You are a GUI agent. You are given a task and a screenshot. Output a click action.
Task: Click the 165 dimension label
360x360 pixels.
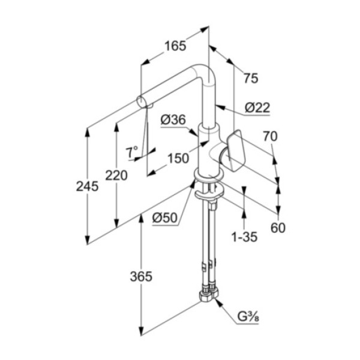click(175, 46)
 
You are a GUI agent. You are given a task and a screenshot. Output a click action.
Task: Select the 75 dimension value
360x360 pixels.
click(251, 77)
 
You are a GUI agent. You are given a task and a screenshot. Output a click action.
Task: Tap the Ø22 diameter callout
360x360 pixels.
click(257, 107)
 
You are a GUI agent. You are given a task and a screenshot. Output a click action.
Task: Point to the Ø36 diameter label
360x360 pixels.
click(173, 120)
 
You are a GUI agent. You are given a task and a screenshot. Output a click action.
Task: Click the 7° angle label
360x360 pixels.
click(132, 151)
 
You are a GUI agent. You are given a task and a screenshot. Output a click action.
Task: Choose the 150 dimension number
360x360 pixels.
click(177, 159)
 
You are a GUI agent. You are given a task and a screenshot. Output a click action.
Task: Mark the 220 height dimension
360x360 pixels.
click(116, 175)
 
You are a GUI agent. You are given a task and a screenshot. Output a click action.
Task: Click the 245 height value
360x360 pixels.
click(87, 187)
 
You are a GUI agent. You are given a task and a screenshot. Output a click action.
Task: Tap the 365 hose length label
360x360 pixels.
click(141, 277)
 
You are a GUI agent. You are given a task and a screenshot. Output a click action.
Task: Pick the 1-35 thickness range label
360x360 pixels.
click(244, 236)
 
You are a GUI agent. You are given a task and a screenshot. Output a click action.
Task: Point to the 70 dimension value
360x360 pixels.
click(270, 137)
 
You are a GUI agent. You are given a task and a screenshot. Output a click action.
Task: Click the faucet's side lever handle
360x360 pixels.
click(235, 149)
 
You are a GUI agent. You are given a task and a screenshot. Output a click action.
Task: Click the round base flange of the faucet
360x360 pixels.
click(207, 176)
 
